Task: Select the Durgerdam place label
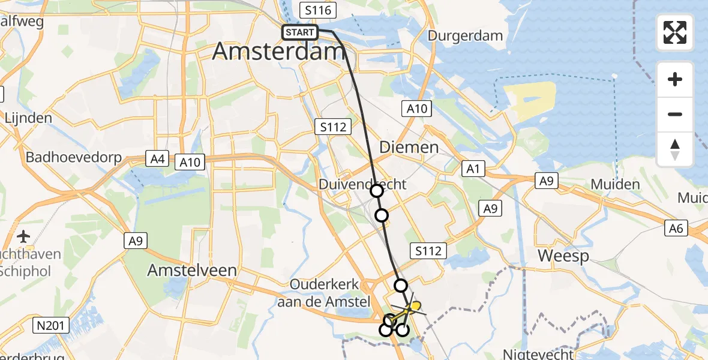[465, 35]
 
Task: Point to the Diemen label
[409, 147]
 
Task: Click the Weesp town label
[563, 256]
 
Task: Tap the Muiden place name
[615, 184]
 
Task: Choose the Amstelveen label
[192, 271]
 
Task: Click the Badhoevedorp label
[74, 158]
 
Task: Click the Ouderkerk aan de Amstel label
[323, 293]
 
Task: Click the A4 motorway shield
[157, 159]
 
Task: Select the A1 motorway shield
[474, 169]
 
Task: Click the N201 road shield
[52, 326]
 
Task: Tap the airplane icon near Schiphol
[23, 236]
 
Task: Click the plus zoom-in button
[675, 79]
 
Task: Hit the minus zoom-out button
[675, 114]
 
